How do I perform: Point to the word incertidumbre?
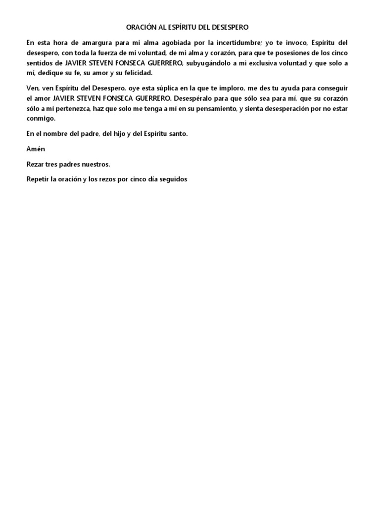[251, 42]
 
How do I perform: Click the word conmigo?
[41, 118]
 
